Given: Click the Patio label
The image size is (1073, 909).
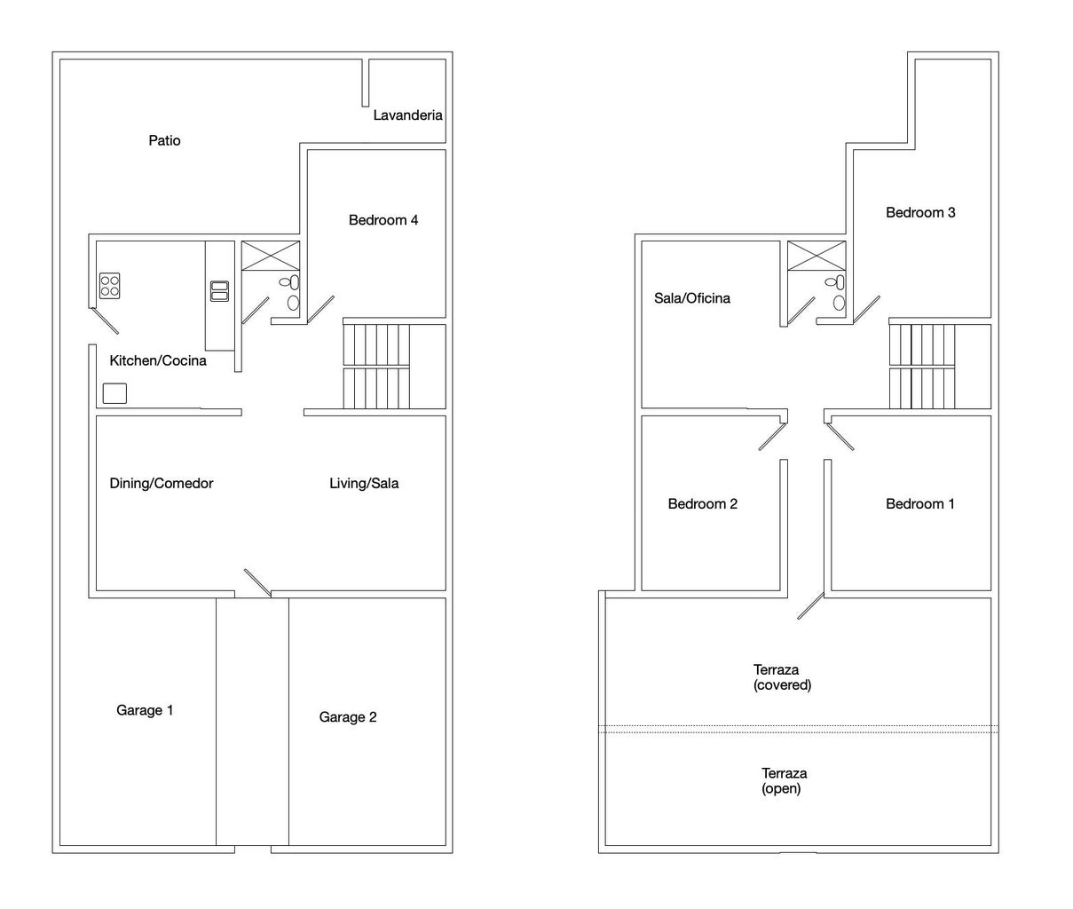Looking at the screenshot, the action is click(164, 140).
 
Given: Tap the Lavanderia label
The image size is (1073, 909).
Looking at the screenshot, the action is click(407, 115).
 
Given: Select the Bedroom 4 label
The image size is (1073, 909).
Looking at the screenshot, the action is click(383, 220).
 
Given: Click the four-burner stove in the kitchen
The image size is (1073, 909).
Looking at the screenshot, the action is click(109, 286).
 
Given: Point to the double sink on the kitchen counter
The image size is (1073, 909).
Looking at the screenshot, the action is click(219, 291).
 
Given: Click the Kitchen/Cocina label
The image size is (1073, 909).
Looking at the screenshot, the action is click(158, 360).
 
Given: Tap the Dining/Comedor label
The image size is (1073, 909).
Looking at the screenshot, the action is click(162, 483).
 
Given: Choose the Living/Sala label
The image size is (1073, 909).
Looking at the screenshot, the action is click(364, 483).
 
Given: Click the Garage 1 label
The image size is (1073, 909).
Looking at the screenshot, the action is click(145, 710).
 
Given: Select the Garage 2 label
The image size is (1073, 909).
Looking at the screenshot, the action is click(348, 717).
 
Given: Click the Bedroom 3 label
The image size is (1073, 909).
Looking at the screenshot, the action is click(920, 212).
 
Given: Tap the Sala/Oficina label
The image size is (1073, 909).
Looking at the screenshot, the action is click(692, 298).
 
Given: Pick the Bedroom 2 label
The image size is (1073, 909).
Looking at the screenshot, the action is click(702, 503).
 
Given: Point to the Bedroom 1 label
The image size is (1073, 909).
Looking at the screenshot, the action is click(919, 503).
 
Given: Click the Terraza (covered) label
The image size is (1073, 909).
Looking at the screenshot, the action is click(782, 677).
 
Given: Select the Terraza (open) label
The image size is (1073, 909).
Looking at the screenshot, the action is click(784, 781).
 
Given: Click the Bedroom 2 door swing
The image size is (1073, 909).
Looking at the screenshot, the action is click(772, 437).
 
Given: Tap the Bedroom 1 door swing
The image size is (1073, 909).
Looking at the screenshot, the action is click(840, 437).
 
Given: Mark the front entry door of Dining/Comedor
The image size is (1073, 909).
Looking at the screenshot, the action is click(257, 582).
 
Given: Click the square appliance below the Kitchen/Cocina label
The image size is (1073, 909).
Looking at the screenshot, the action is click(114, 393).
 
